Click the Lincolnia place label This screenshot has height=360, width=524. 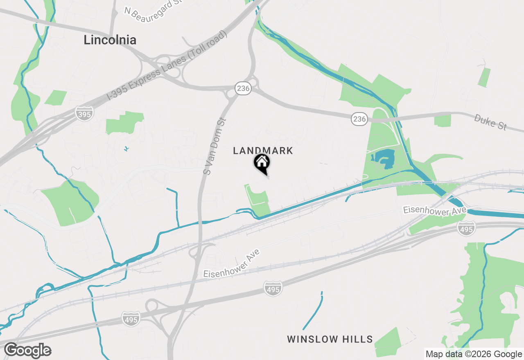point(110,40)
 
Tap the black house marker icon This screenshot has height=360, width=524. point(262,163)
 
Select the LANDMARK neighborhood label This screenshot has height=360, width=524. point(263,151)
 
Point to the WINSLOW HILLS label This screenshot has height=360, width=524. point(330,339)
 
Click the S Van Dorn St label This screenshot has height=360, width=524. point(215,146)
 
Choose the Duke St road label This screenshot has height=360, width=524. point(490,122)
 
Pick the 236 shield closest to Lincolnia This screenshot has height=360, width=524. point(243,88)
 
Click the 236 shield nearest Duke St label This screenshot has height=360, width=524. point(359,119)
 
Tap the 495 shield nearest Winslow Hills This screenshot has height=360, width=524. point(273,289)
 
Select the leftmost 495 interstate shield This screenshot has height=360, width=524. point(131,319)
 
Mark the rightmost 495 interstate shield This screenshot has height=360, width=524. point(466,228)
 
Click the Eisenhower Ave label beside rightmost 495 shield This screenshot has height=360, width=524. point(434,210)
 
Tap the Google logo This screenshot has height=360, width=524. point(27,351)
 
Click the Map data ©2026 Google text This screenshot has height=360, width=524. point(474,354)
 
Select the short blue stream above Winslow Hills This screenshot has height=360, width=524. point(313,311)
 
